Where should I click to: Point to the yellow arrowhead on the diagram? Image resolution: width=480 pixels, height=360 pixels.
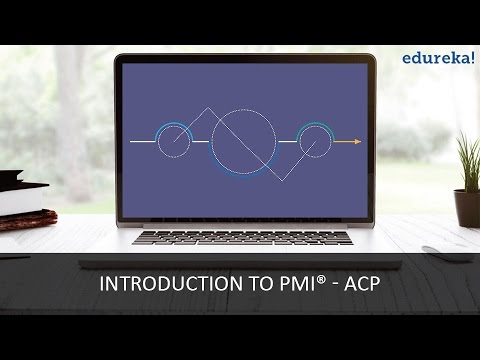click(x=356, y=142)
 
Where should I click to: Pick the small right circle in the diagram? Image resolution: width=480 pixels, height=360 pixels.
click(x=316, y=142)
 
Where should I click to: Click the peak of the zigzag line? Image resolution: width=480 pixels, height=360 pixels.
click(x=208, y=108)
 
